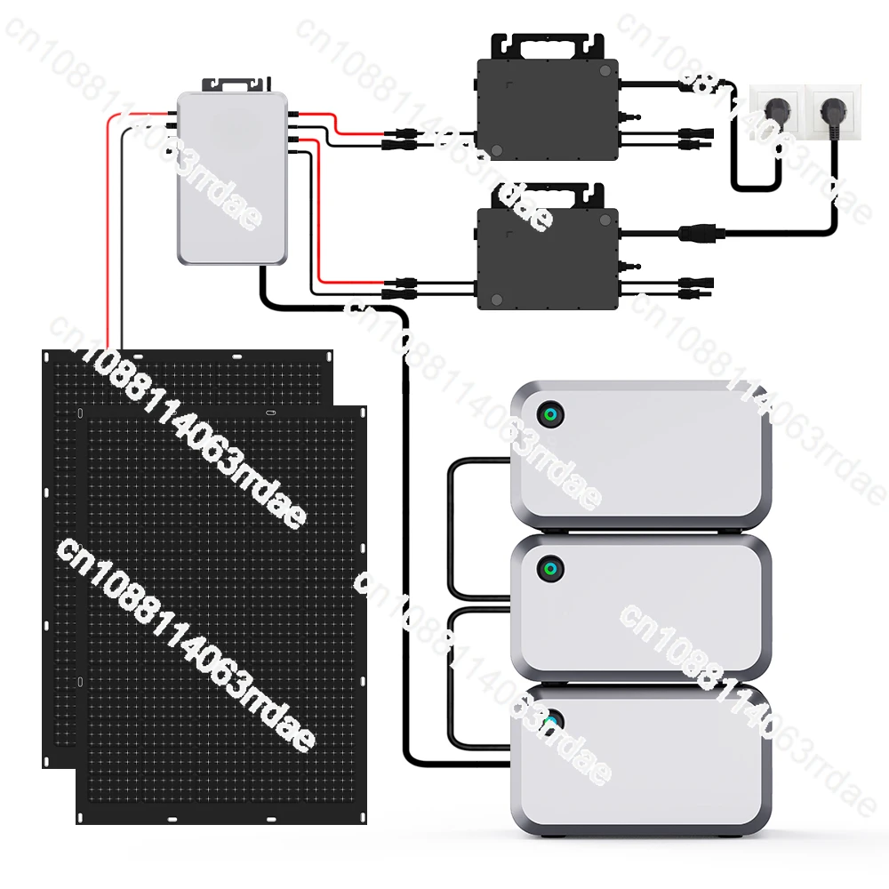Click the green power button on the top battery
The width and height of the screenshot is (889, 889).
(x=549, y=414)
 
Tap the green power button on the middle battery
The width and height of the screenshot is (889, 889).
(x=550, y=568)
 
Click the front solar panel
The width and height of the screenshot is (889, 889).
(x=222, y=613)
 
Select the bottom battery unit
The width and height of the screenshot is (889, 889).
(x=640, y=760)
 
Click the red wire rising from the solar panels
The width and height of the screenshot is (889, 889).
(x=108, y=231)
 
